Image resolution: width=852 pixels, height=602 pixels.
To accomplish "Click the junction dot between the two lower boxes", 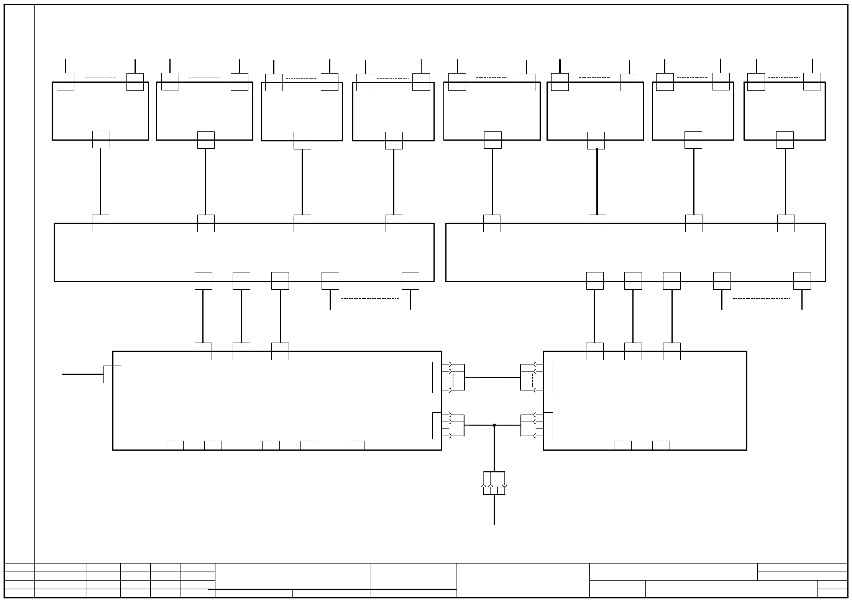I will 494,425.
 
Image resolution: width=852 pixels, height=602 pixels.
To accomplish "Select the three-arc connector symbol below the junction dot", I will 494,483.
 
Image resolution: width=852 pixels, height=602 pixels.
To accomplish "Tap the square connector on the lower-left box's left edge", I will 112,374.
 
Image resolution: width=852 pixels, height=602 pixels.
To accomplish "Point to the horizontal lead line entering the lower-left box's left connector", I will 82,374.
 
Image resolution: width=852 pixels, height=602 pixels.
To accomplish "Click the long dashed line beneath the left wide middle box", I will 370,298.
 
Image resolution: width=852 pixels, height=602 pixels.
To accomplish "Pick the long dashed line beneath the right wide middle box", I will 762,298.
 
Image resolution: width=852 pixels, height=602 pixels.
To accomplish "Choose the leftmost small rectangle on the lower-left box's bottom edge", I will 174,445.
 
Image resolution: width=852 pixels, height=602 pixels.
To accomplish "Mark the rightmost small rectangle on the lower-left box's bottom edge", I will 355,445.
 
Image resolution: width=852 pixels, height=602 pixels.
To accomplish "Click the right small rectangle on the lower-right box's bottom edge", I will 661,445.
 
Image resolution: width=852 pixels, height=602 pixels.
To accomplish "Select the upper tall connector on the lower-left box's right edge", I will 437,377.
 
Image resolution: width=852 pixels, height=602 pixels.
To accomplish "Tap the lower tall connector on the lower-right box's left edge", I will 548,425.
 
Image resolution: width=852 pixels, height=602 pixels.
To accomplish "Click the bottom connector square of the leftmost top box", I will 101,139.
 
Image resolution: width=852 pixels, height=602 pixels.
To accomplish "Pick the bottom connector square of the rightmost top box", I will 785,140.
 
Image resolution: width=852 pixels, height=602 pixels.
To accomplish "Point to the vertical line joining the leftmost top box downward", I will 100,181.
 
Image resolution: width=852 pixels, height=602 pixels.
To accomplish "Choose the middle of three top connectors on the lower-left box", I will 241,351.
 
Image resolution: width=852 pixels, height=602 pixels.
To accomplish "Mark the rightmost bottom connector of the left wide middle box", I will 410,280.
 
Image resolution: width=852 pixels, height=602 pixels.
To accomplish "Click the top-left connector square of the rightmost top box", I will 756,82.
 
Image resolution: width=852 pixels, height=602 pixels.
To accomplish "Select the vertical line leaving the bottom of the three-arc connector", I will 494,510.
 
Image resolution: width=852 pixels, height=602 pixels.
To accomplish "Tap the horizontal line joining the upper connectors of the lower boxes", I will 492,377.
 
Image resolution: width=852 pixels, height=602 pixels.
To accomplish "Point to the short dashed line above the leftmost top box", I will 100,77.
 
